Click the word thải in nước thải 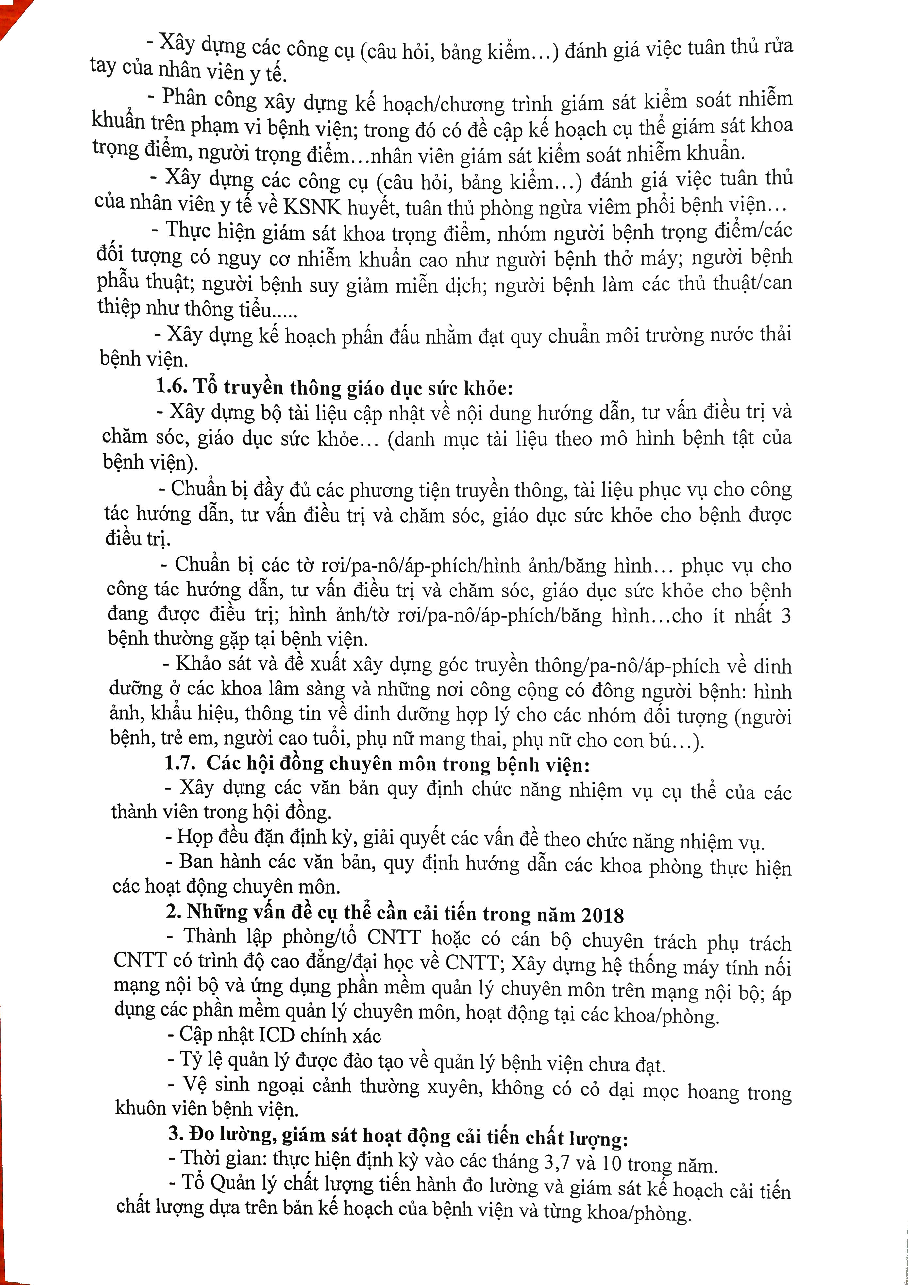775,334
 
